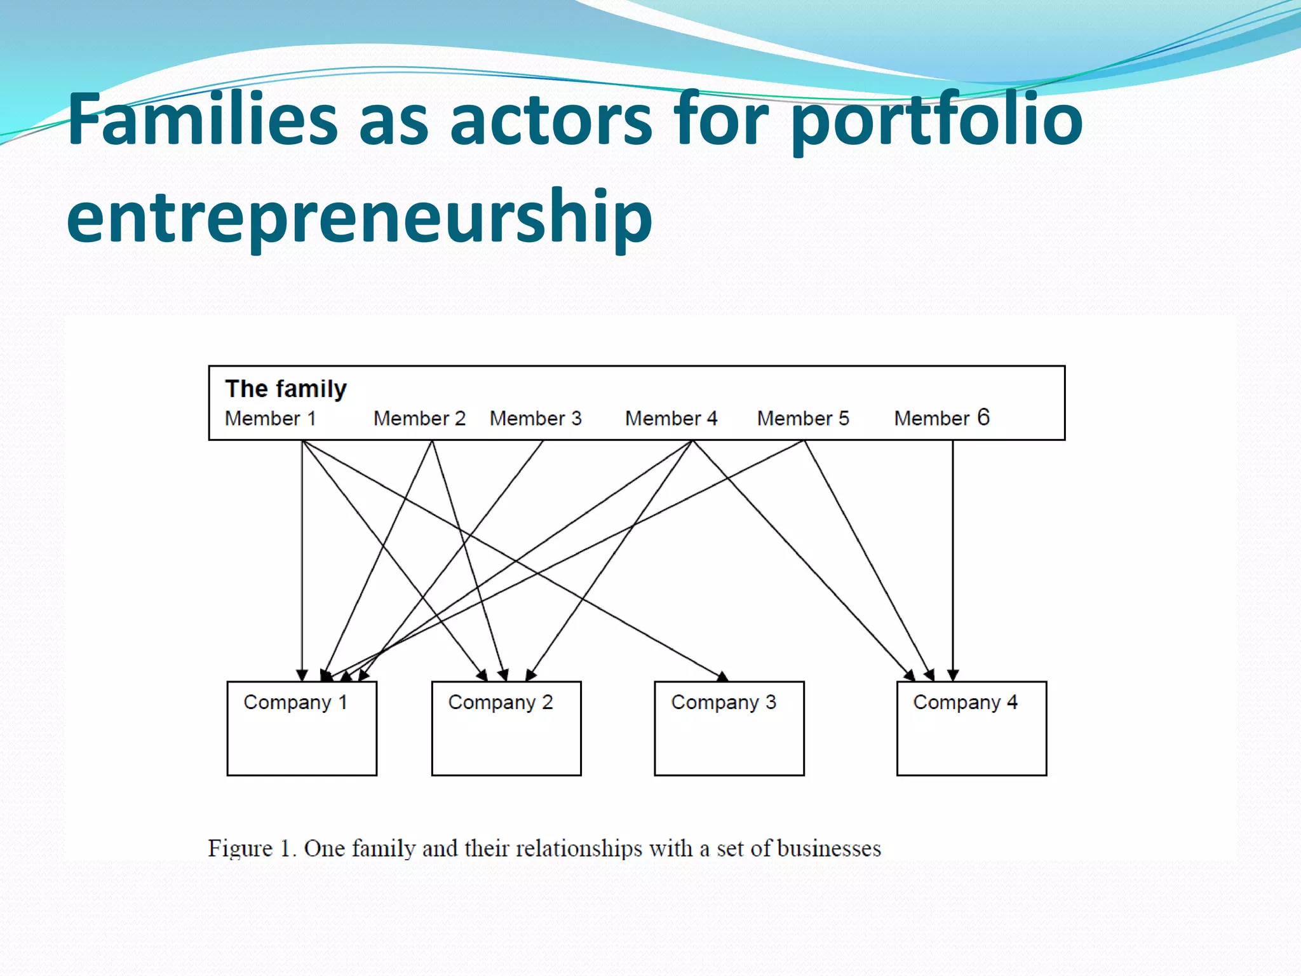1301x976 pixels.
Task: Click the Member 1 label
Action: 270,418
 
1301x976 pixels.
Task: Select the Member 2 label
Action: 419,418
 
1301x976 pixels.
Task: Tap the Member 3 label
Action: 536,418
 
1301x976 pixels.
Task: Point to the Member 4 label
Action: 671,418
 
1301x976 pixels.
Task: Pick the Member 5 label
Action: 803,418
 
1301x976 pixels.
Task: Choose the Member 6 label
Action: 941,417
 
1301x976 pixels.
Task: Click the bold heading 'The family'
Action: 286,388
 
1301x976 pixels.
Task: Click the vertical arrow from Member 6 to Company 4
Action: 952,559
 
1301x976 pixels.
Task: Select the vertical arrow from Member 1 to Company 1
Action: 302,559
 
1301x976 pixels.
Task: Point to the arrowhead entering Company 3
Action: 722,675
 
